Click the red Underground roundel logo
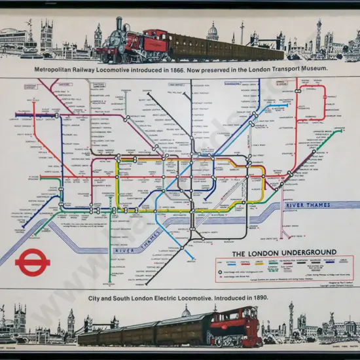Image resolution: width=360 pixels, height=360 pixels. [33, 262]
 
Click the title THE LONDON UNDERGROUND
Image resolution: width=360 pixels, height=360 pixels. [284, 253]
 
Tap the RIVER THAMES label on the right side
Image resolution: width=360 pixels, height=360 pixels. [308, 206]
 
